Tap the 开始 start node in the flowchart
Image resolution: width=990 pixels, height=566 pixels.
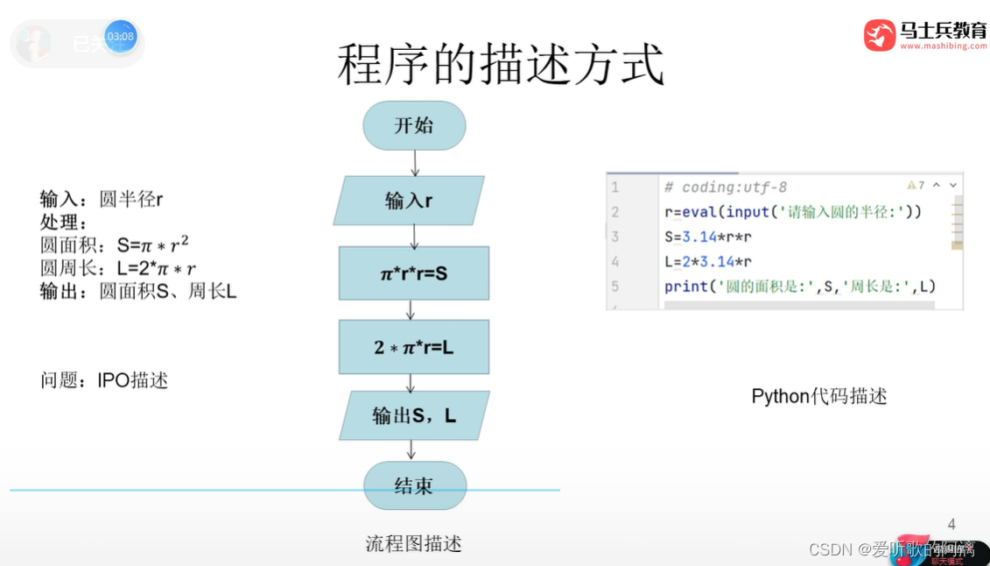414,125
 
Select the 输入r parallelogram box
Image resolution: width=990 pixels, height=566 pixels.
409,201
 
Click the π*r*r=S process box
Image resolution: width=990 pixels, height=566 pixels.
414,273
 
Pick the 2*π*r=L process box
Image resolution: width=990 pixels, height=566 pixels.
414,347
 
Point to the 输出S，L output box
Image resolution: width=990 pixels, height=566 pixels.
414,415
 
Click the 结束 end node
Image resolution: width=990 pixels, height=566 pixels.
414,485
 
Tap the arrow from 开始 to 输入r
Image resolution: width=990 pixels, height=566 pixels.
415,162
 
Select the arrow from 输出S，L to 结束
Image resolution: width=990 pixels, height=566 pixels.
411,449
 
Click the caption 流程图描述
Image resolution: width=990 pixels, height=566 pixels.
413,544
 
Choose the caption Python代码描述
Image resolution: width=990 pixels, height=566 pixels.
819,396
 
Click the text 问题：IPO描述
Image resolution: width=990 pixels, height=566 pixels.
104,380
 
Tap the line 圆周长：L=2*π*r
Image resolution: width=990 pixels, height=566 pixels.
118,269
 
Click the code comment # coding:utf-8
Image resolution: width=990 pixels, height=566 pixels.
726,187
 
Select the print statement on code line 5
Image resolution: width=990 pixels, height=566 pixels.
800,287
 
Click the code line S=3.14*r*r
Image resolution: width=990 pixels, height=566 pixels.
708,237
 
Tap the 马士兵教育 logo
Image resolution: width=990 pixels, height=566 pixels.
925,34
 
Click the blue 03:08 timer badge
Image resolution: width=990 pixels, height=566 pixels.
121,37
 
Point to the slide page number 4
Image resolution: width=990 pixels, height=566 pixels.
951,525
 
